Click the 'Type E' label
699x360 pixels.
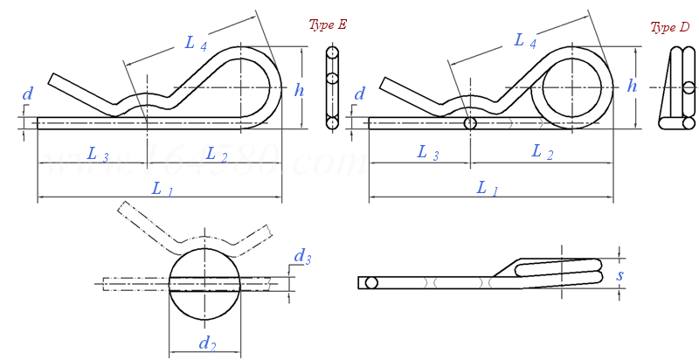(x=328, y=24)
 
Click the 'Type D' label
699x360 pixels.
(x=670, y=28)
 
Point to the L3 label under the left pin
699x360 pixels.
(x=98, y=155)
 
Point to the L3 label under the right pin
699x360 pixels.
(x=427, y=153)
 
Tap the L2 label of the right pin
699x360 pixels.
(x=543, y=153)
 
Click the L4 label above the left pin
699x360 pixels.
(x=196, y=42)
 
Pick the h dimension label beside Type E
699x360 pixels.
(x=300, y=89)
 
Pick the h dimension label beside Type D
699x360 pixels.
(x=632, y=86)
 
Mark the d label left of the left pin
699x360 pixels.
(x=28, y=93)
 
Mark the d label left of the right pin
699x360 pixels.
(x=359, y=93)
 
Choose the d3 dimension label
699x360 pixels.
(x=302, y=257)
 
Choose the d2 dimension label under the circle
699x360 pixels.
(x=207, y=343)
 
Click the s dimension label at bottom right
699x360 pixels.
(x=621, y=277)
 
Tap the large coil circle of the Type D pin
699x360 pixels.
(x=572, y=87)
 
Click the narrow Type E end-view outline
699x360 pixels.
(x=332, y=87)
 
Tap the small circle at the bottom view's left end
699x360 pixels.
(x=371, y=282)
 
